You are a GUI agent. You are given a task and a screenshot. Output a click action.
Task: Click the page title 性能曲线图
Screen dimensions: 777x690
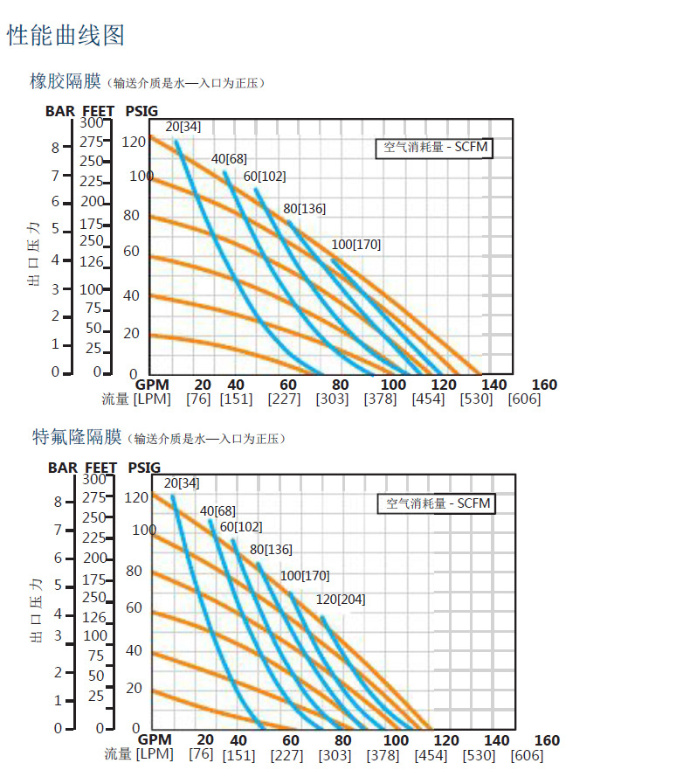[x=66, y=35]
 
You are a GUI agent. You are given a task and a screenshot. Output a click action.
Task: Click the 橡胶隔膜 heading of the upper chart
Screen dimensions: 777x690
[x=67, y=81]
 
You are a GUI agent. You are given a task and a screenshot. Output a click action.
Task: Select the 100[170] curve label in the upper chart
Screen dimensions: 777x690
[x=355, y=245]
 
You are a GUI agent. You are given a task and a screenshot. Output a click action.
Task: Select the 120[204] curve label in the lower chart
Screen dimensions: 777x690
[x=340, y=600]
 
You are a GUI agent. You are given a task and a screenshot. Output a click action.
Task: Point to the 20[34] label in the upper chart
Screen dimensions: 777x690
[x=183, y=127]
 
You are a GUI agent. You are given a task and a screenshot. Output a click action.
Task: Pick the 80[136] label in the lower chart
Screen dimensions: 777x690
[x=271, y=550]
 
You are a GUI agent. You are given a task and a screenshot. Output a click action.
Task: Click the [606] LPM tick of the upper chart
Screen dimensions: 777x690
[x=524, y=399]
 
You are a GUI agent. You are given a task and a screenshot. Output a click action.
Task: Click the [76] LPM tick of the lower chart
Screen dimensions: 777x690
[x=200, y=755]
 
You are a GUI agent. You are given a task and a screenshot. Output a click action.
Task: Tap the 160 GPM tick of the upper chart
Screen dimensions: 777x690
[x=544, y=385]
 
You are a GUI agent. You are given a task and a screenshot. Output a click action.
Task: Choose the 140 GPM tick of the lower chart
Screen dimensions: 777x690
[x=497, y=740]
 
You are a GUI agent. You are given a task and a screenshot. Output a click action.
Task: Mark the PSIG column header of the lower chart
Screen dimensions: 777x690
[x=144, y=468]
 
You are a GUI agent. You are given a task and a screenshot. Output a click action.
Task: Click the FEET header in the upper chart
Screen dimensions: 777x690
[x=99, y=111]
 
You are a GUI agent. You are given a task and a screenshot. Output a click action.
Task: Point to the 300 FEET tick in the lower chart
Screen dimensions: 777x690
[x=93, y=479]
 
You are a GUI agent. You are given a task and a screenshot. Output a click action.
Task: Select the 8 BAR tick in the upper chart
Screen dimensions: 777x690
[x=55, y=148]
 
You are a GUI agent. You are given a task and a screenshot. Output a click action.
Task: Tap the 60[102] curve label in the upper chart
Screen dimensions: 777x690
[x=264, y=177]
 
